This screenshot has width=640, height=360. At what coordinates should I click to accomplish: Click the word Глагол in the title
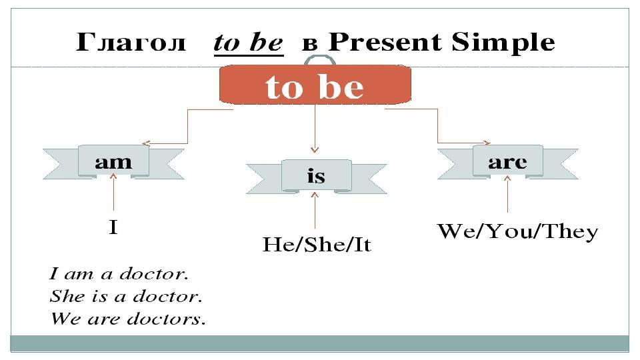point(131,42)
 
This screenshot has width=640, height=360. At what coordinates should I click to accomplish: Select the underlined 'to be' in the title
point(249,43)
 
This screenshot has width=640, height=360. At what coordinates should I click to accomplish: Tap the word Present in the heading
point(385,42)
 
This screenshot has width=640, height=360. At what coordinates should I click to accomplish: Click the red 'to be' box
point(315,84)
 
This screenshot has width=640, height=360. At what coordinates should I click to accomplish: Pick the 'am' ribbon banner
point(113,163)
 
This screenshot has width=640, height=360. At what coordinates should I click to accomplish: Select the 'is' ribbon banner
point(316,177)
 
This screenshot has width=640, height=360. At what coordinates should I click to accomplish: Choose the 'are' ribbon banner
point(508,162)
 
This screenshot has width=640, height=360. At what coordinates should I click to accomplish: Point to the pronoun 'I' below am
point(113,227)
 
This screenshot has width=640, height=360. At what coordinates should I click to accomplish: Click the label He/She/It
point(317,245)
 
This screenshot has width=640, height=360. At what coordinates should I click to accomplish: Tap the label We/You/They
point(517,231)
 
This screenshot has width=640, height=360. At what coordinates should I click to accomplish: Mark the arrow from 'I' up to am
point(113,192)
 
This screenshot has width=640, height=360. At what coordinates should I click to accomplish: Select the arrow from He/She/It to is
point(315,210)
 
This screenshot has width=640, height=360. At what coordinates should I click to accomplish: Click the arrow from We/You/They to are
point(507,194)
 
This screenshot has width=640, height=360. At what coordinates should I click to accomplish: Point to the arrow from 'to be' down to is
point(315,129)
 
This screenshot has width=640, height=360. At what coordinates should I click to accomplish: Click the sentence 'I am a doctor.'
point(119,273)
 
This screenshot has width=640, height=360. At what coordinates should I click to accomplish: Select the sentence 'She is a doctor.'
point(126,296)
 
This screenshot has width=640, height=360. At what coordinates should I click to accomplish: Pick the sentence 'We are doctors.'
point(128,319)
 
